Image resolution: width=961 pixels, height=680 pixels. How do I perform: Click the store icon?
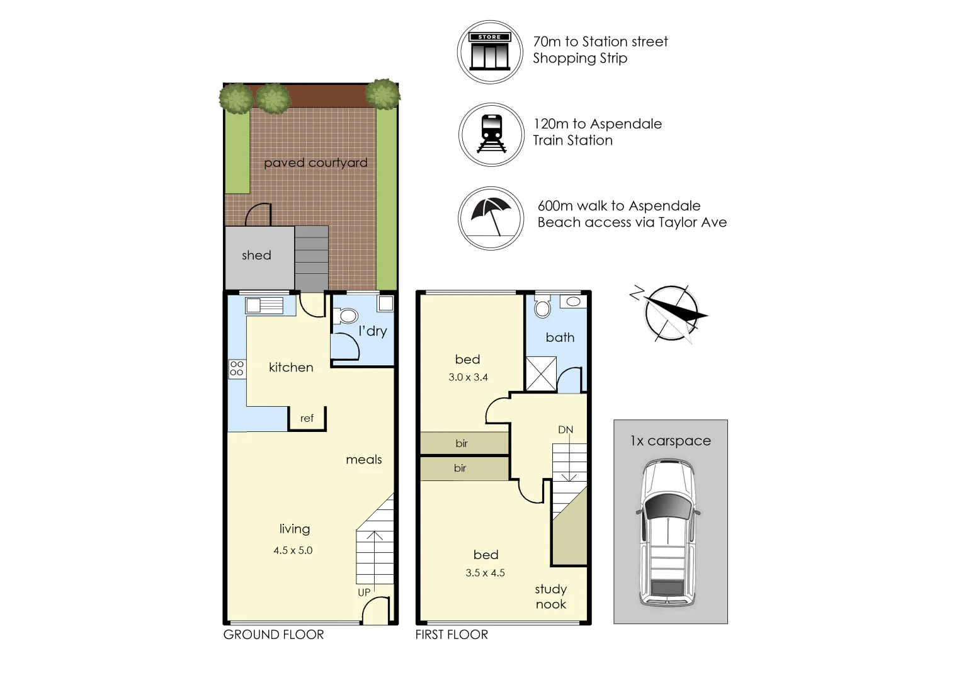pos(490,52)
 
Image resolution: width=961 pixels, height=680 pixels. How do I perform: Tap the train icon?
pos(491,135)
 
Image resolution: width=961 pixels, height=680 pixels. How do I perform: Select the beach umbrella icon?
pos(491,218)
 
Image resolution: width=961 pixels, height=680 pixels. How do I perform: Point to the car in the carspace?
pos(668,533)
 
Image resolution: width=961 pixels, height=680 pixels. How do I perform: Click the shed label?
pos(256,255)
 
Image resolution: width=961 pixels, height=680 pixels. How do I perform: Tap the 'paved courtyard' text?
pos(316,163)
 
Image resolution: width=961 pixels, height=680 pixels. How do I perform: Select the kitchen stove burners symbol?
pos(237,368)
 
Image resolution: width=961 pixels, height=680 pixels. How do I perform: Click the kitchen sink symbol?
pos(264,306)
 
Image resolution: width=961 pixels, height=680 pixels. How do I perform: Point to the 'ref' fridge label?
pos(307,418)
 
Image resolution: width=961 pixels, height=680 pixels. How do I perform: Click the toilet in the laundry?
pos(346,316)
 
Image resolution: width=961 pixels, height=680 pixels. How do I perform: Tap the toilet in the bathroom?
pos(543,307)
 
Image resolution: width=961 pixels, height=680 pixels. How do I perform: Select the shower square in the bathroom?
pos(541,374)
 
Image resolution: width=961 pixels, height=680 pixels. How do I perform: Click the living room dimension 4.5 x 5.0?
pos(293,550)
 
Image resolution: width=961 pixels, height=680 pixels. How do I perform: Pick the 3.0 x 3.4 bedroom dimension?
pos(468,377)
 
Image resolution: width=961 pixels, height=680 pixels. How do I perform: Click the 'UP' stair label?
pos(364,592)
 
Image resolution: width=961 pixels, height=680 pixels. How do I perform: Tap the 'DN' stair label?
pos(566,429)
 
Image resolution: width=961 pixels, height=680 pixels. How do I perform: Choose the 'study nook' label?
pos(551,597)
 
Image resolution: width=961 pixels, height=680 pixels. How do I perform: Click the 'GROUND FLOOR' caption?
pos(274,635)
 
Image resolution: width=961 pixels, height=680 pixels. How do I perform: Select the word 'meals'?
pos(364,460)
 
